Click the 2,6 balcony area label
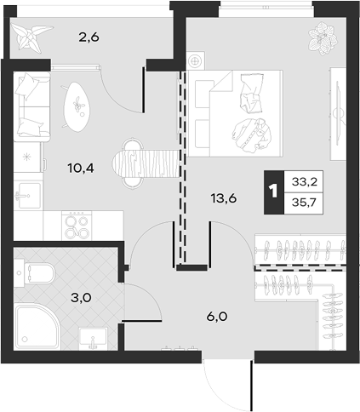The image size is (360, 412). coord(89,37)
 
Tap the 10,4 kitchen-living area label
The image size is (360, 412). coord(81,169)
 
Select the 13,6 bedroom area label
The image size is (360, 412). coord(224,198)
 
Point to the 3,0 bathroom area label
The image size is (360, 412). coord(81,298)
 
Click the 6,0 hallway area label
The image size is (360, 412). coord(217,317)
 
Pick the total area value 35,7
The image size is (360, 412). coord(304,203)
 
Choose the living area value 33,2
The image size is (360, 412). coord(305,181)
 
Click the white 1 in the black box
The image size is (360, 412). coord(273,192)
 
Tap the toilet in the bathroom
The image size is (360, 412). coord(34,273)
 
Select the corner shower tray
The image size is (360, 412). coord(37,326)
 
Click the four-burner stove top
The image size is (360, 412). coord(77,226)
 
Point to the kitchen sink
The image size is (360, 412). coord(27,196)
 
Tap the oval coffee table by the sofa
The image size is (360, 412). coord(77,106)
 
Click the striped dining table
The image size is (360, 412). coord(146,163)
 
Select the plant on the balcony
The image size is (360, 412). coord(31,37)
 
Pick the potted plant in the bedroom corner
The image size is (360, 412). coord(323,38)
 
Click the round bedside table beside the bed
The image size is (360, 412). coord(196,60)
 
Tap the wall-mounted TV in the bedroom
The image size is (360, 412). coord(339,113)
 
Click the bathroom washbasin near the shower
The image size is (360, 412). coord(94,338)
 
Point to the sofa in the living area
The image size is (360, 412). coord(31,106)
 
